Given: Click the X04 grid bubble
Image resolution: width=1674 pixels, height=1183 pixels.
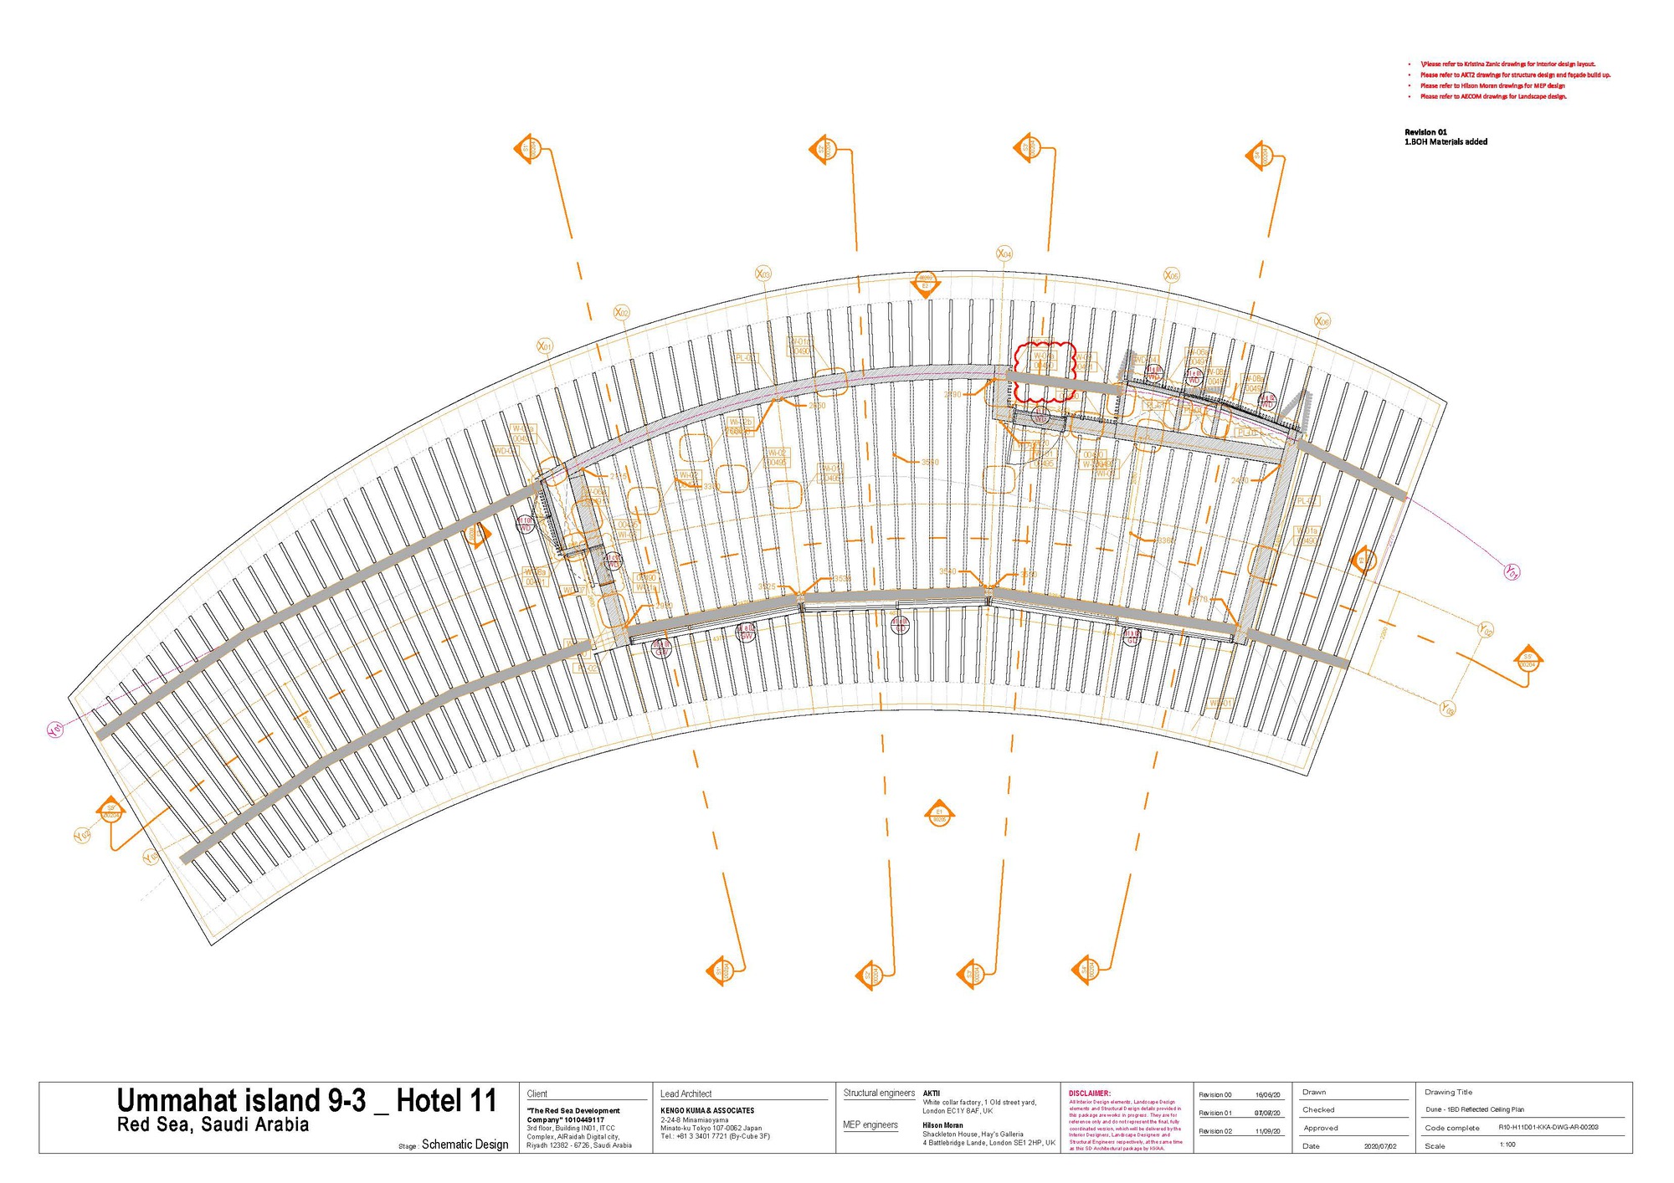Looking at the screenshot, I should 1004,253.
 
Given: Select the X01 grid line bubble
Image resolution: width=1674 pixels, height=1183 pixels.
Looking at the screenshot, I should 544,346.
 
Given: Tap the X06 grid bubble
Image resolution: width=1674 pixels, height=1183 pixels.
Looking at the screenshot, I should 1322,321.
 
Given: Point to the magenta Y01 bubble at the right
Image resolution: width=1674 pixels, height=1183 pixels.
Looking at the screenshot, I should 1512,572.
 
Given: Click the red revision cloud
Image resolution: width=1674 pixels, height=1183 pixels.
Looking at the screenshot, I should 1043,372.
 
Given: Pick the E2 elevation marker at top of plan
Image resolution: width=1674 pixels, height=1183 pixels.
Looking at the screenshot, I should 925,283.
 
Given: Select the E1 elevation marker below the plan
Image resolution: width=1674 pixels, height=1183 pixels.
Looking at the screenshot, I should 939,814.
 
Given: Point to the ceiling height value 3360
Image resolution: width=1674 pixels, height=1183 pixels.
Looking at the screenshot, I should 1165,540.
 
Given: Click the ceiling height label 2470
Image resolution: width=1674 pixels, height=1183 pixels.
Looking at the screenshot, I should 1239,480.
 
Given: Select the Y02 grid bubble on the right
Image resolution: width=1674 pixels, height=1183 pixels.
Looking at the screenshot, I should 1485,629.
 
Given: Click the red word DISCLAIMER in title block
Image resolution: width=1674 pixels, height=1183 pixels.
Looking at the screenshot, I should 1089,1093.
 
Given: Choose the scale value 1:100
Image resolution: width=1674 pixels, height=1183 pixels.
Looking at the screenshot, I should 1507,1145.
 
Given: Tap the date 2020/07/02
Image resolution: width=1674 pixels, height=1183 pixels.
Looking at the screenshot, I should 1379,1145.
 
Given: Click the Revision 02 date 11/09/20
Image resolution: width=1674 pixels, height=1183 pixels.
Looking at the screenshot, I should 1267,1131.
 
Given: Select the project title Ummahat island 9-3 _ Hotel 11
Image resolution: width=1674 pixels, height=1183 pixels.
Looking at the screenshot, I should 306,1100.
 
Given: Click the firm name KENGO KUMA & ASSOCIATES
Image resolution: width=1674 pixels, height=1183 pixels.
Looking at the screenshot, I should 706,1110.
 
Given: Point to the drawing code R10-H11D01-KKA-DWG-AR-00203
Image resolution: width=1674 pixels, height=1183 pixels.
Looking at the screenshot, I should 1548,1127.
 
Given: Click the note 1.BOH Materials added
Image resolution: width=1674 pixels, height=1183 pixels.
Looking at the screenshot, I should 1445,142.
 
